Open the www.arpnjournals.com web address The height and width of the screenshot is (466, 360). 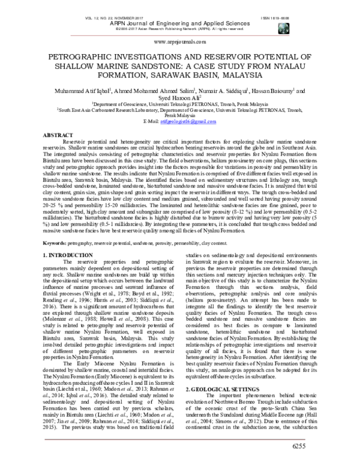pyautogui.click(x=179, y=41)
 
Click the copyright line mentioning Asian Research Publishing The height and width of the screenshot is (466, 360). pyautogui.click(x=180, y=26)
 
